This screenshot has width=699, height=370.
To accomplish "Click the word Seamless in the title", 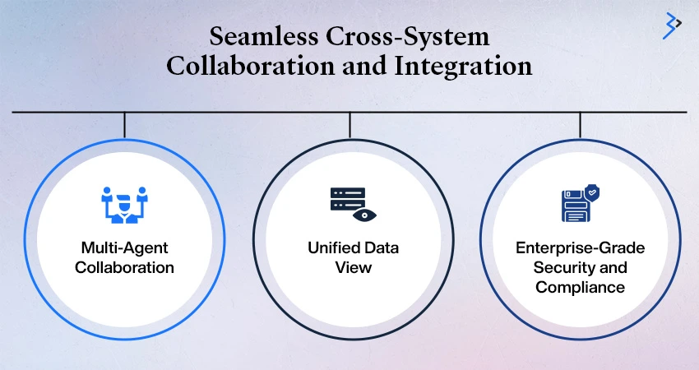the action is (x=264, y=36).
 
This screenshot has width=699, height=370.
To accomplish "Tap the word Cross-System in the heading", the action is (x=407, y=36).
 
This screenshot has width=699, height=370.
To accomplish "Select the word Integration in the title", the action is (x=463, y=66).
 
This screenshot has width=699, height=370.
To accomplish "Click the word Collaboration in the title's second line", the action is (x=250, y=66).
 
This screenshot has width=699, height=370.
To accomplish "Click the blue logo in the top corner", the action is (x=672, y=25).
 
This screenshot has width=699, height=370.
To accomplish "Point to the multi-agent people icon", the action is (x=124, y=205).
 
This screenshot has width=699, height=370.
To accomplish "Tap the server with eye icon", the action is (x=353, y=204).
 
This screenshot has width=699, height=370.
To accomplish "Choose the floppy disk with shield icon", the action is (x=580, y=203).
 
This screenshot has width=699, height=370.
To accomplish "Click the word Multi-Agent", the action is (x=124, y=247).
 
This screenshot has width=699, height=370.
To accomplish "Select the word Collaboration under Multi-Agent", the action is (x=124, y=267).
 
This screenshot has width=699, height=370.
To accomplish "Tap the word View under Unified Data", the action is (x=353, y=267).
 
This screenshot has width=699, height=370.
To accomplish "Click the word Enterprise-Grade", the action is (x=580, y=247).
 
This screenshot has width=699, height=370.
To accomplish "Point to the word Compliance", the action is (x=580, y=287).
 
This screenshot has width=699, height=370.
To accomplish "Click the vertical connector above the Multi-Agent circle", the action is (x=124, y=125).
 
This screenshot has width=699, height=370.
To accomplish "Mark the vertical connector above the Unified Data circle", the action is (x=350, y=125).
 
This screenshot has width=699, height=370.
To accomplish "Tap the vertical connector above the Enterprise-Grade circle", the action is (x=580, y=125).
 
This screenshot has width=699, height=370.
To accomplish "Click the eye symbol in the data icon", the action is (x=364, y=215).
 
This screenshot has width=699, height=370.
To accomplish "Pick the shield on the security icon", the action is (x=592, y=193).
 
